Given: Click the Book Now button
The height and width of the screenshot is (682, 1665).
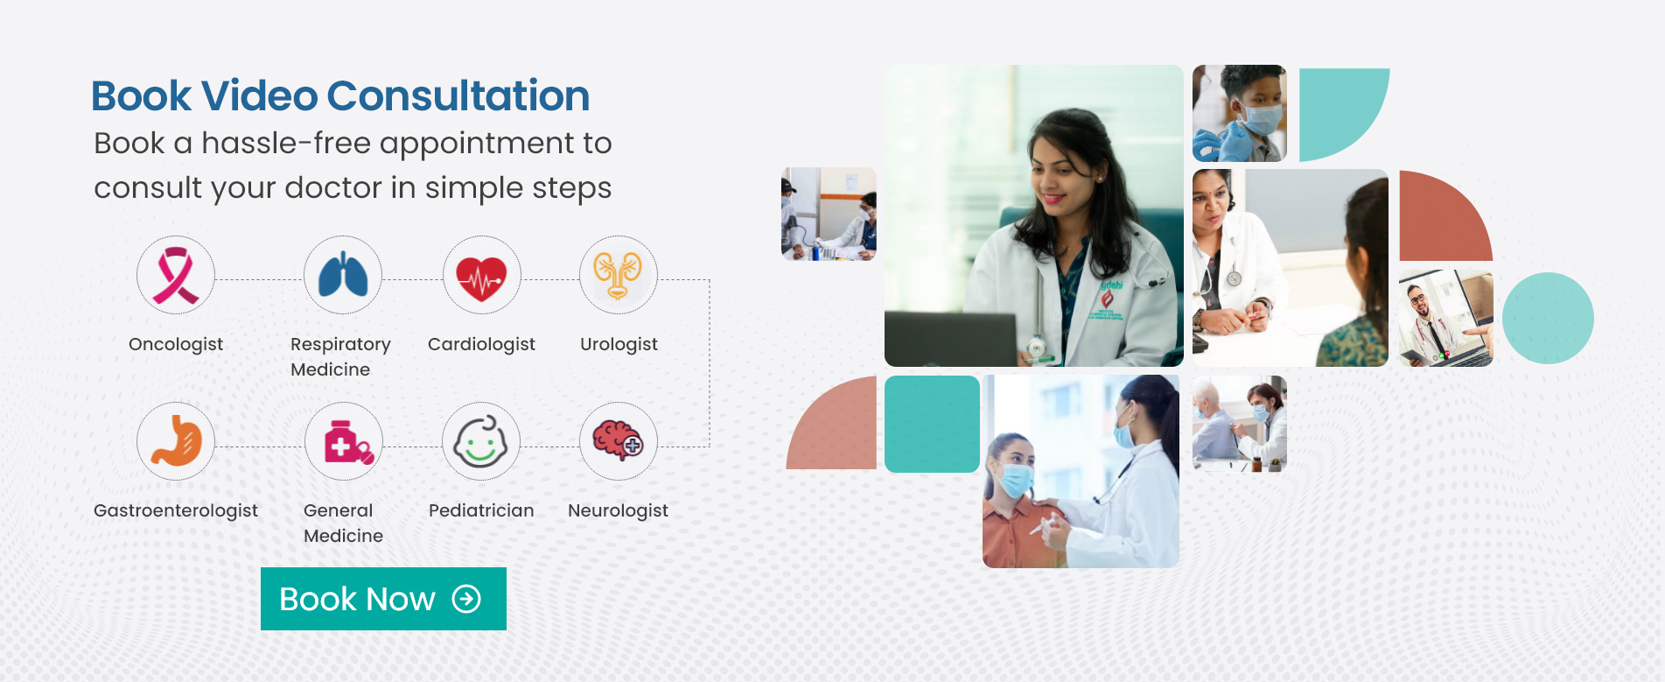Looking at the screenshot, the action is point(383,599).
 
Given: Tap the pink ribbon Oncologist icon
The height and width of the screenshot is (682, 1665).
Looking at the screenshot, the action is point(176,275).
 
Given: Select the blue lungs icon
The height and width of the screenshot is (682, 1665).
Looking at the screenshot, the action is point(343,275).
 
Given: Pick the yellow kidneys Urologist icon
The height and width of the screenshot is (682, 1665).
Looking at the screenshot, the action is point(619,275).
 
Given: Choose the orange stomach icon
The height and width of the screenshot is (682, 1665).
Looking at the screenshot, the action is point(176,441).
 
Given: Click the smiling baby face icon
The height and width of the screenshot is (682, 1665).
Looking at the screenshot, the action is point(481,441).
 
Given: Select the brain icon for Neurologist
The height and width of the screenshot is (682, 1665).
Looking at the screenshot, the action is point(619,441).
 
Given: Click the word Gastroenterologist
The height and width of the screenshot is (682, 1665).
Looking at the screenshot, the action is point(176,510).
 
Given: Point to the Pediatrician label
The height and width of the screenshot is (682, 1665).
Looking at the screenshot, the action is point(481,510).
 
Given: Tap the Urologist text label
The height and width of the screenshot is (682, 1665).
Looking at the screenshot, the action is point(619,344).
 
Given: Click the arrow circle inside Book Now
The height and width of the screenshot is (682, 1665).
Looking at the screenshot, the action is point(466,599).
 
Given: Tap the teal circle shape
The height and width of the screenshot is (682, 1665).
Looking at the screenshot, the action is point(1548,318).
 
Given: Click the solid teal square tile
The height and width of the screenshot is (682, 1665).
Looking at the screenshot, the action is point(932,424).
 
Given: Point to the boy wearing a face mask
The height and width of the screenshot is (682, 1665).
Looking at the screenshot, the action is point(1240,113).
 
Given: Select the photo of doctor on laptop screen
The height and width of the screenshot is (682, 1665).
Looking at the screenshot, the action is point(1445,318).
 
